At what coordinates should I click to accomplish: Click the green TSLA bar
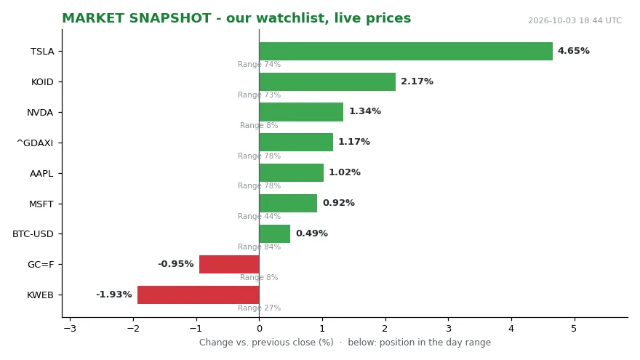tap(406, 51)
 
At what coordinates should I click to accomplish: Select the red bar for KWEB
tap(199, 295)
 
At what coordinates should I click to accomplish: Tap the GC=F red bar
tap(229, 264)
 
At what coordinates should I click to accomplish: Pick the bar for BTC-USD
tap(275, 234)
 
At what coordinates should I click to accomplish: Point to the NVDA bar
tap(301, 112)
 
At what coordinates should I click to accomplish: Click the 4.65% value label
tap(574, 51)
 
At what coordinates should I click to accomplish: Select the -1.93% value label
tap(114, 295)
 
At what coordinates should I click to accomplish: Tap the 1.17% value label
tap(354, 142)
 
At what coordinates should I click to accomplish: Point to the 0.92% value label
tap(339, 203)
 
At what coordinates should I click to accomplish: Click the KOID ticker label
tap(42, 82)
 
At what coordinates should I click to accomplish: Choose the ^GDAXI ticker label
tap(35, 143)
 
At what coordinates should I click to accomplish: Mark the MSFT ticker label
tap(41, 204)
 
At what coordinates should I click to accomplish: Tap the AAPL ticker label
tap(41, 174)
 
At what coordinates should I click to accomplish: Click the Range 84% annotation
tap(259, 247)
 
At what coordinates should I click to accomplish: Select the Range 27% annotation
tap(259, 308)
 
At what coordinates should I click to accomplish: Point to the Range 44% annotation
tap(259, 216)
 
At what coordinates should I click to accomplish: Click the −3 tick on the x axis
tap(71, 329)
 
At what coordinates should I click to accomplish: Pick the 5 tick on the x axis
tap(574, 329)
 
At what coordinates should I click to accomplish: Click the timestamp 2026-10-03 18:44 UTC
tap(575, 20)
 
